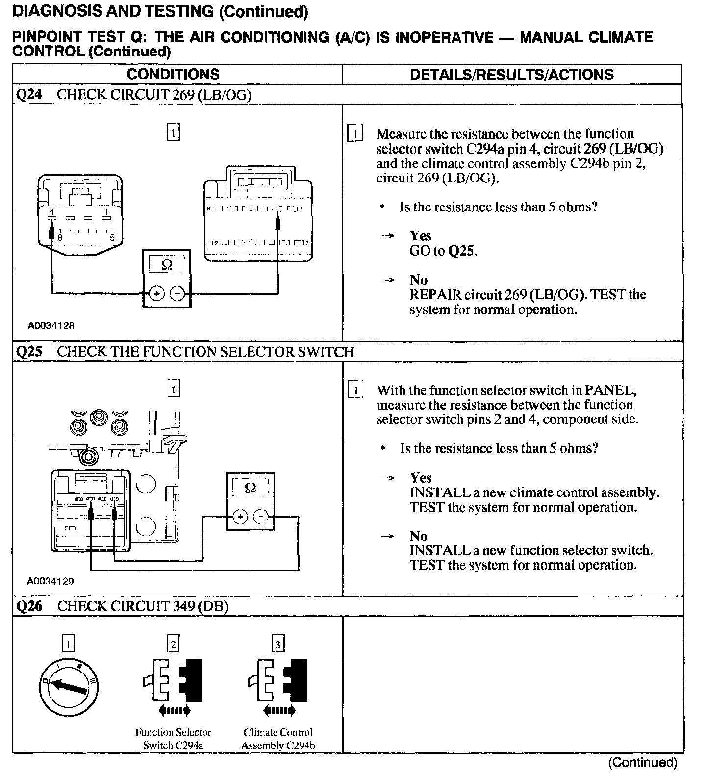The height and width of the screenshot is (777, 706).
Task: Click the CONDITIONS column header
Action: click(173, 75)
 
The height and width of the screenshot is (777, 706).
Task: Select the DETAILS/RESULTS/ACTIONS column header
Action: click(511, 75)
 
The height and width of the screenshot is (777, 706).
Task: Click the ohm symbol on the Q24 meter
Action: click(167, 265)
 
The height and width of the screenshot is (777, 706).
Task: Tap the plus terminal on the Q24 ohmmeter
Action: click(156, 294)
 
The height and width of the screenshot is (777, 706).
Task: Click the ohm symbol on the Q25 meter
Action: click(250, 488)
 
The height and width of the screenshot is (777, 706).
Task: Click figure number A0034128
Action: click(51, 325)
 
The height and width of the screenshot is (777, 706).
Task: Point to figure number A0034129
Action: click(51, 581)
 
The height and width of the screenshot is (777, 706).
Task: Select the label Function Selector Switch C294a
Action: click(173, 739)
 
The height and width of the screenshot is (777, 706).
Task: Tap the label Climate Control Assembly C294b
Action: click(278, 739)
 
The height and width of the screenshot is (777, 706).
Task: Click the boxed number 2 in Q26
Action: click(173, 643)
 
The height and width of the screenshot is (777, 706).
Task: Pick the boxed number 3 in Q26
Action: click(278, 643)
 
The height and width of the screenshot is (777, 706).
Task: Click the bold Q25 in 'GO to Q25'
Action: click(462, 251)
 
